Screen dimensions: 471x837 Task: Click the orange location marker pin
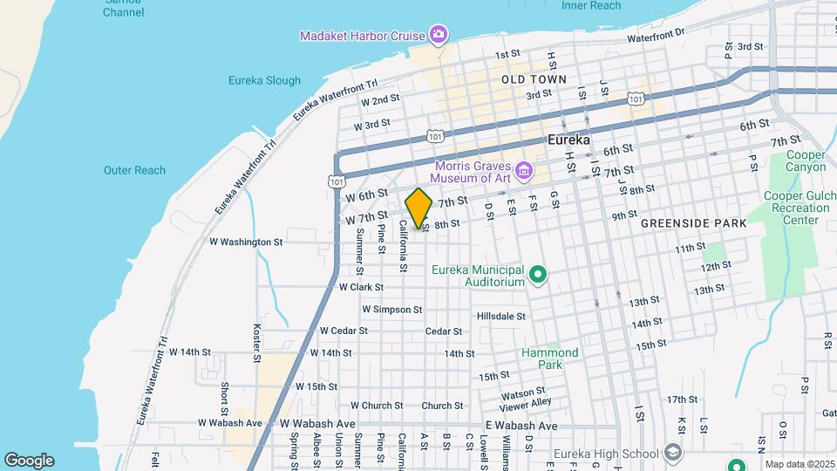point(418,208)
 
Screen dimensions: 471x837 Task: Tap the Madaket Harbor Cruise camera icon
point(439,36)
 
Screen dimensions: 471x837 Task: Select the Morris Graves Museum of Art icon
point(524,167)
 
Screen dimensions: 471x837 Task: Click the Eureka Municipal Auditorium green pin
point(538,276)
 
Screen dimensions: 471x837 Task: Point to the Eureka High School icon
point(672,453)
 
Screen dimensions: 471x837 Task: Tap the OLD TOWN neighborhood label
point(534,79)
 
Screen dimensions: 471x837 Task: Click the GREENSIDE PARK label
point(693,223)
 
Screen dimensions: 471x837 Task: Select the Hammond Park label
point(549,358)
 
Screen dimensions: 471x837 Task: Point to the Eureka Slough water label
point(264,80)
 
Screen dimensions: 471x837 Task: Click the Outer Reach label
point(134,170)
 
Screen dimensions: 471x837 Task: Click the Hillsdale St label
point(501,316)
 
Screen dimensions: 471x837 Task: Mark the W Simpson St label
point(391,309)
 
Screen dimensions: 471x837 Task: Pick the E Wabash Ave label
point(521,426)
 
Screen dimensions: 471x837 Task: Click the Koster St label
point(257,343)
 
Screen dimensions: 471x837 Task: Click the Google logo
point(29,461)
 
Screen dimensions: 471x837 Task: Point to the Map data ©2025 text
point(800,464)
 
